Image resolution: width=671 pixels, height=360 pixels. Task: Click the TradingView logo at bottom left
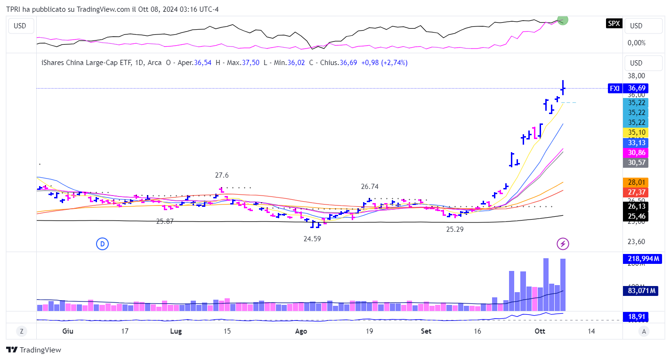pos(33,350)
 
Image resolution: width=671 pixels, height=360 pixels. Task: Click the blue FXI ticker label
pos(614,88)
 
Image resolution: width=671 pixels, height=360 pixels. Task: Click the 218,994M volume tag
pos(642,258)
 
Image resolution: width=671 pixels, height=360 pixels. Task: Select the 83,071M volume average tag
pos(642,291)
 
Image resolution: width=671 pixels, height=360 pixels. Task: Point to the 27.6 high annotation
pos(222,175)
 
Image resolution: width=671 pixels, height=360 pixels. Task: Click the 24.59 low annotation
pos(312,239)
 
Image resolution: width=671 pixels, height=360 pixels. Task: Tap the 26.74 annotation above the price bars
pos(370,186)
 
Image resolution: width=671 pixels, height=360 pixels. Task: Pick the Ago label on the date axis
pos(301,331)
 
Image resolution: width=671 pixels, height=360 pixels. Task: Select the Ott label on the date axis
pos(540,331)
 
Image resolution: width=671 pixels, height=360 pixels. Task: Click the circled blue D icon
pos(102,244)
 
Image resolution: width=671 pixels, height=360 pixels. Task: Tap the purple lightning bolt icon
pos(563,244)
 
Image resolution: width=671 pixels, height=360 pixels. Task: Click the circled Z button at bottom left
pos(22,331)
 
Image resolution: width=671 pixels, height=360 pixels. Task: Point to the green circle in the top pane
pos(563,20)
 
